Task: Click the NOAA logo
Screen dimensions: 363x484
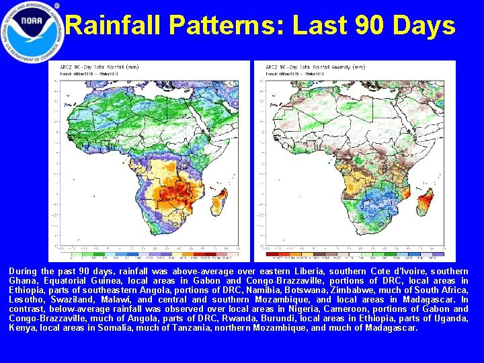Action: (x=33, y=32)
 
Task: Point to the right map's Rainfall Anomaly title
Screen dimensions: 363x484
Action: (x=300, y=68)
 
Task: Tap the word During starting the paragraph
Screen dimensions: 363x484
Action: (x=24, y=271)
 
